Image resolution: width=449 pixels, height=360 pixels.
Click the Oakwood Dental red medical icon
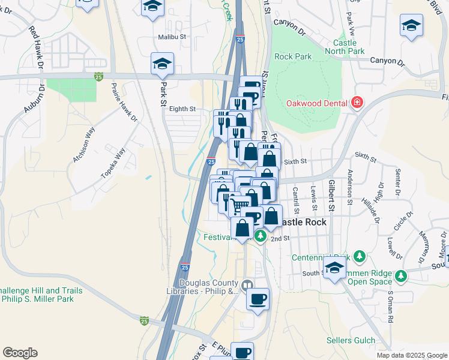(357, 103)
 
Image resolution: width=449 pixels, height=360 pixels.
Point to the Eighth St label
(182, 109)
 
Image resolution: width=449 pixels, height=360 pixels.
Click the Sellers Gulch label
(351, 340)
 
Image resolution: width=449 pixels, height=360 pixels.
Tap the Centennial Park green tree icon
(359, 257)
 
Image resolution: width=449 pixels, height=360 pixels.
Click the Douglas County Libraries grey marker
(247, 284)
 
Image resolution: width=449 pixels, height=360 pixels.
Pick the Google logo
(20, 353)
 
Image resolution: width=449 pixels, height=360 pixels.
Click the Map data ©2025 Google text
(412, 355)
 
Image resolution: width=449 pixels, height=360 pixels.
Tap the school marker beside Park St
(162, 64)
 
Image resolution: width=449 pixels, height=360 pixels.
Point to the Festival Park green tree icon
(261, 236)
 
